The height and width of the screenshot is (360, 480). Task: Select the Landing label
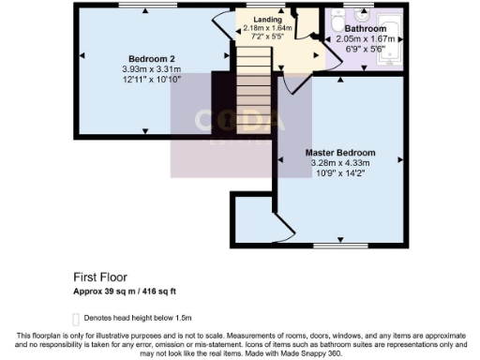click(267, 19)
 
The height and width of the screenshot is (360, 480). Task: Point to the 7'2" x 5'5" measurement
click(267, 37)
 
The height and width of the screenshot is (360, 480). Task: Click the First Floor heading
click(101, 277)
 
